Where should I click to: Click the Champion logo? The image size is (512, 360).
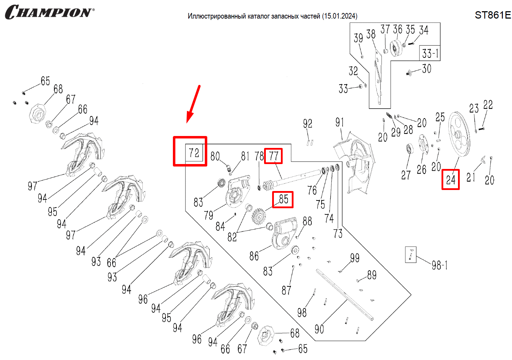pos(49,12)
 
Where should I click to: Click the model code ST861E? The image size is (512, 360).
pos(493,15)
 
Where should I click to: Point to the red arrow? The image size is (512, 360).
pos(193,104)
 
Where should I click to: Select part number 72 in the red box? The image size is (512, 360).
pos(194,152)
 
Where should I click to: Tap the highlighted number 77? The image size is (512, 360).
pos(274,156)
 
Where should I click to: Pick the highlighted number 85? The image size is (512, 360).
pos(283,199)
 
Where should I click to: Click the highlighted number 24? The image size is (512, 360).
pos(451,180)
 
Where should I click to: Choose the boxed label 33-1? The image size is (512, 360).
pos(430,53)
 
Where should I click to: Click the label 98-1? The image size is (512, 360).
pos(439,265)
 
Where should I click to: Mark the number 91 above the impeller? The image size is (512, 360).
pos(339,122)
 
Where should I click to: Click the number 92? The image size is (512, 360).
pos(308,124)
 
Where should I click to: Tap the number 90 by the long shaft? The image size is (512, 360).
pos(319,329)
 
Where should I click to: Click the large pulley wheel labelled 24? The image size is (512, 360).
pos(459,134)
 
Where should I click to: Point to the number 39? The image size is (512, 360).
pos(358,38)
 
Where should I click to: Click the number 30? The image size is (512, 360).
pos(426,68)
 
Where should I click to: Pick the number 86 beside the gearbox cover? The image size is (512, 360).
pos(254,256)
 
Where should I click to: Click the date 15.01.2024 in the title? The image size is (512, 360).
pos(339,16)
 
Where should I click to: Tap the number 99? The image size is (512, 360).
pos(355,258)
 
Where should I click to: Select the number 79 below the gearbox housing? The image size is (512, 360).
pos(208,215)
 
